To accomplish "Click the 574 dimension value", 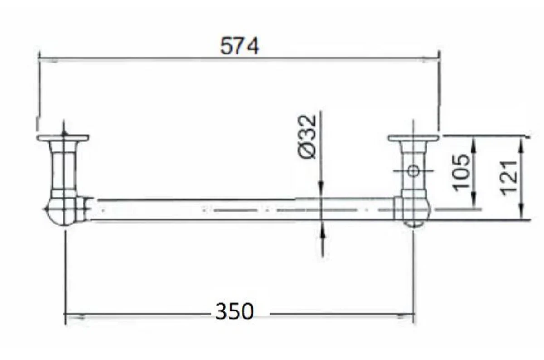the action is pyautogui.click(x=239, y=46).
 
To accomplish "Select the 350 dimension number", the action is pyautogui.click(x=235, y=311).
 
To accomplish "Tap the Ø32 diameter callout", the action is pyautogui.click(x=307, y=137).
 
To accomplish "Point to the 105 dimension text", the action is pyautogui.click(x=461, y=173).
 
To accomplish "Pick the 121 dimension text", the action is pyautogui.click(x=509, y=178).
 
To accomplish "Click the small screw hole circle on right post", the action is pyautogui.click(x=413, y=171).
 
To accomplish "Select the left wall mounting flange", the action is pyautogui.click(x=63, y=138).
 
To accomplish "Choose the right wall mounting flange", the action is pyautogui.click(x=413, y=138).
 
